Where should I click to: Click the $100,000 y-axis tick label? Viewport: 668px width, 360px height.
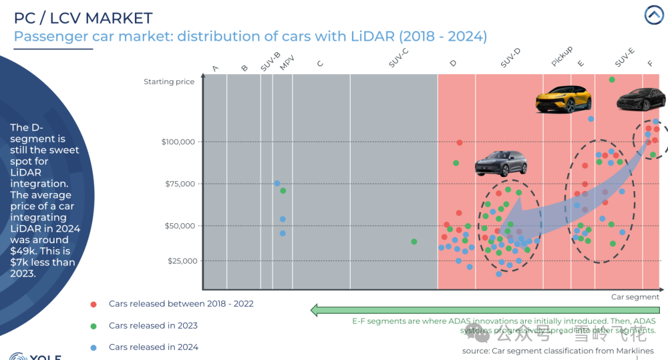pyautogui.click(x=178, y=142)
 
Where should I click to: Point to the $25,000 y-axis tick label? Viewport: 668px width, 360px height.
pyautogui.click(x=182, y=261)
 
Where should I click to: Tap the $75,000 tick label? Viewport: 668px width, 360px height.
pyautogui.click(x=180, y=184)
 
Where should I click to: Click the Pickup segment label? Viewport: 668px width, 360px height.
pyautogui.click(x=562, y=56)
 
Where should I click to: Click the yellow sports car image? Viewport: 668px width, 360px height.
pyautogui.click(x=563, y=99)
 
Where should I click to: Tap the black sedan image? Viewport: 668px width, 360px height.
pyautogui.click(x=641, y=99)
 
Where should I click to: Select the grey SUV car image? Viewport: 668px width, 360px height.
pyautogui.click(x=501, y=163)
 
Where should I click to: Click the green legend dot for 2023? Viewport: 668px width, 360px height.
pyautogui.click(x=93, y=326)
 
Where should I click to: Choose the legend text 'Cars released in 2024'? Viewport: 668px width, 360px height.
pyautogui.click(x=153, y=348)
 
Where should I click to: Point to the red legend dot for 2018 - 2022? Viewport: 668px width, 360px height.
pyautogui.click(x=93, y=304)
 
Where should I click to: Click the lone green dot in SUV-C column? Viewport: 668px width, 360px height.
pyautogui.click(x=414, y=242)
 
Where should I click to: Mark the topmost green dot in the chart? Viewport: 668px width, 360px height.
pyautogui.click(x=612, y=80)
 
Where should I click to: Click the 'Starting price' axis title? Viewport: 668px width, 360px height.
pyautogui.click(x=169, y=82)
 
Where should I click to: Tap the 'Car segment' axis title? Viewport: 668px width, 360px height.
pyautogui.click(x=635, y=297)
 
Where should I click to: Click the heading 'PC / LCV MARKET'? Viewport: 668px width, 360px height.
pyautogui.click(x=83, y=18)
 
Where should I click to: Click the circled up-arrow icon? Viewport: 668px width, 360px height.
pyautogui.click(x=654, y=15)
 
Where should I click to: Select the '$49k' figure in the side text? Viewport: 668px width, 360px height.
pyautogui.click(x=23, y=251)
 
